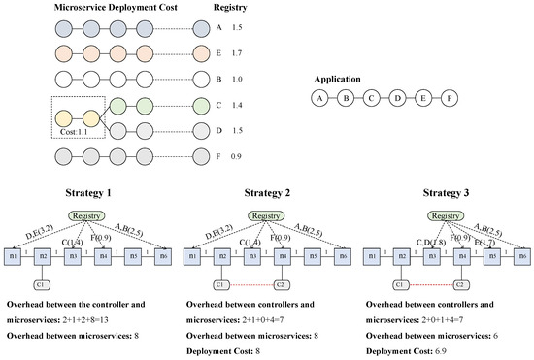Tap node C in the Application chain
pos(371,98)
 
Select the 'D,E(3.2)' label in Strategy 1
pos(37,233)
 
